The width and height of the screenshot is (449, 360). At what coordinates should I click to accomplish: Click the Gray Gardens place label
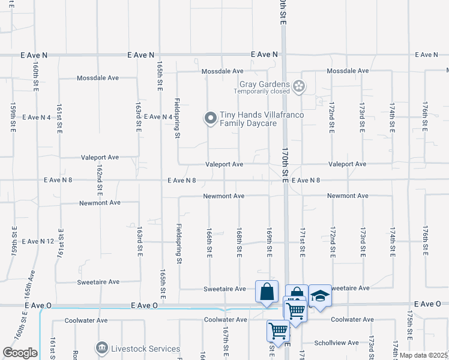tap(265, 85)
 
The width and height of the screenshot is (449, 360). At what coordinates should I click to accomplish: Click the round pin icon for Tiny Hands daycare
tap(210, 119)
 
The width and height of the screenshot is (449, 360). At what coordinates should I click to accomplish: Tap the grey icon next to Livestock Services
tap(101, 348)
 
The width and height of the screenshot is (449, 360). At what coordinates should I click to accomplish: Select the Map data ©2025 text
tap(424, 355)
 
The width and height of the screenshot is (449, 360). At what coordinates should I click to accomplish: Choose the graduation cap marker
tap(320, 295)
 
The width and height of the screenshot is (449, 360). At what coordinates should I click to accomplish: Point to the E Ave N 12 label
tap(38, 241)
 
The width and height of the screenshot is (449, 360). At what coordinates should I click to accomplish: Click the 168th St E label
tap(239, 243)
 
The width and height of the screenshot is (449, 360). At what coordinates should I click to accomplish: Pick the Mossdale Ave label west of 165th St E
tap(98, 78)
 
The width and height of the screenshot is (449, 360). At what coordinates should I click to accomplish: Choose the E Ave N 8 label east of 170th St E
tap(306, 181)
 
